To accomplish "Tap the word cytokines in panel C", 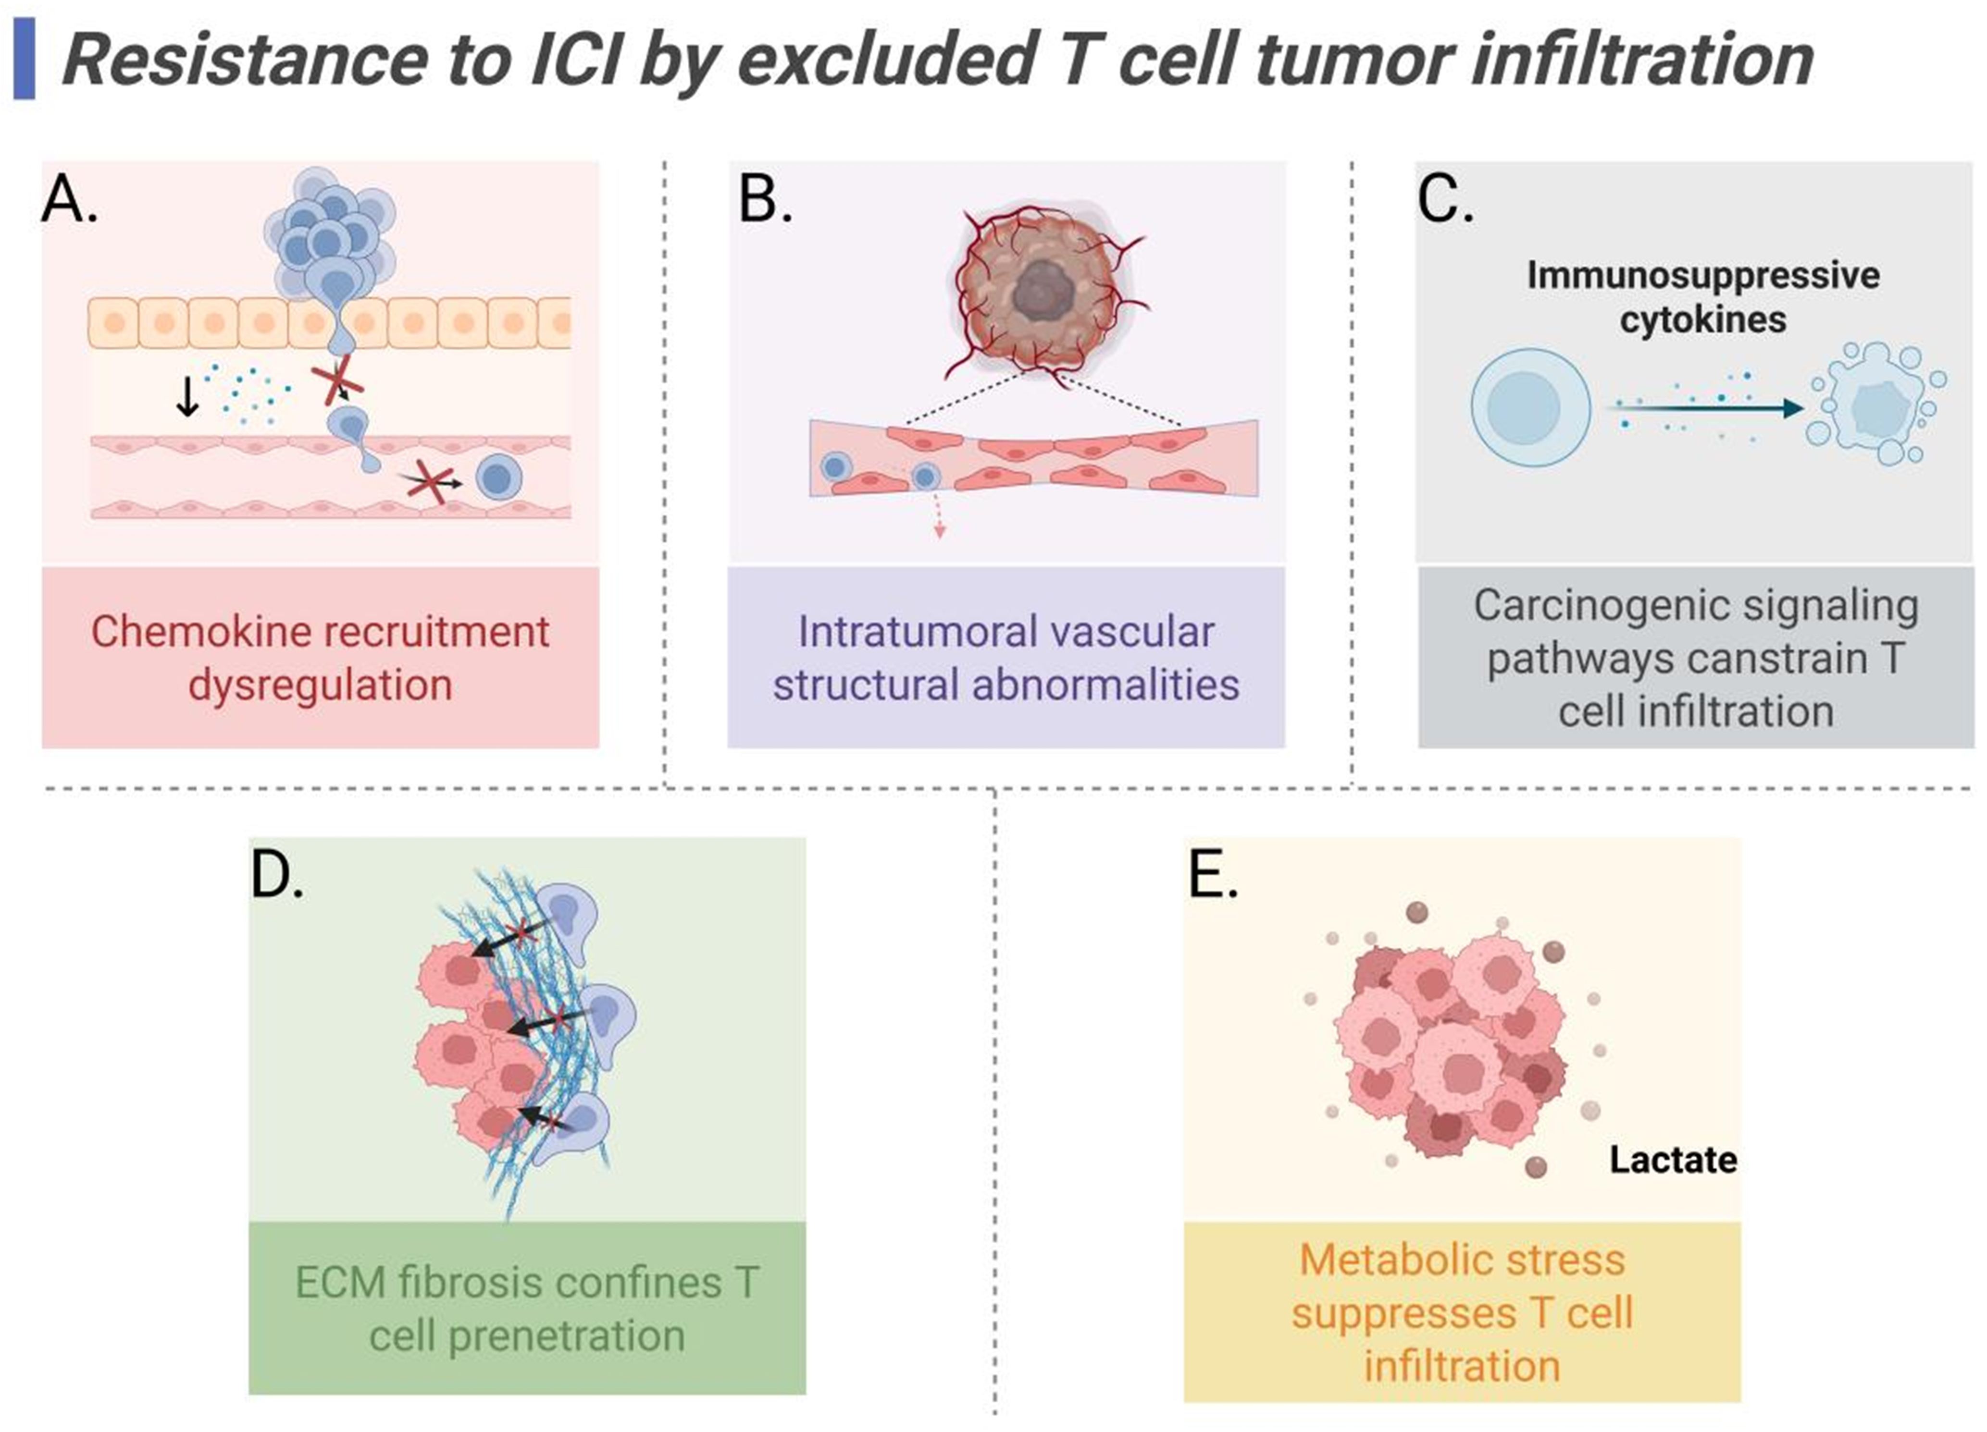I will click(x=1702, y=319).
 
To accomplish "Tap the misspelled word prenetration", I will click(x=566, y=1335).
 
